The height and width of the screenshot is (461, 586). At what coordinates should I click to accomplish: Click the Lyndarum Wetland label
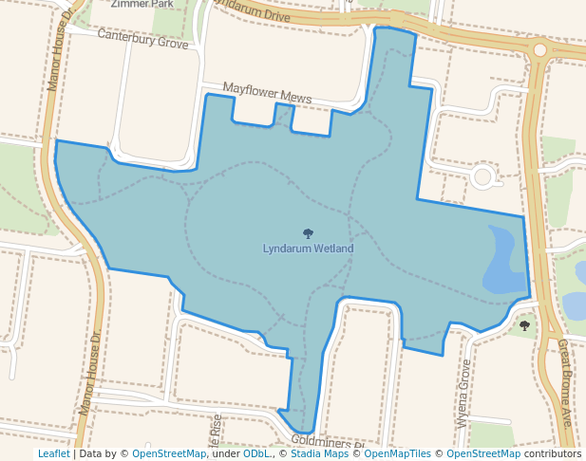pos(308,249)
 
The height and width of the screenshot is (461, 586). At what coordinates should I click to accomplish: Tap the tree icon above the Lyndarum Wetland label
pos(308,233)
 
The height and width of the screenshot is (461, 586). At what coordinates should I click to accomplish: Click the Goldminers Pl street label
pos(329,442)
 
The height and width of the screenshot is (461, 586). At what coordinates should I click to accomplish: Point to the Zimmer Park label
pos(142,4)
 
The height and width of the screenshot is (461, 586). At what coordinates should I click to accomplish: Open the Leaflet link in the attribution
pos(53,453)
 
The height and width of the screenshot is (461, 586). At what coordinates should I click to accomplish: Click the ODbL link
pos(257,453)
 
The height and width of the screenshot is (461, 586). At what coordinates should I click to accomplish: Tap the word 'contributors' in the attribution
pos(553,453)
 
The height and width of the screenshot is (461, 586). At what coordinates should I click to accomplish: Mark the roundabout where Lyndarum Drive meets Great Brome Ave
pos(539,49)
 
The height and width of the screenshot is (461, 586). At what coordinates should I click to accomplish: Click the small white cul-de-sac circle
pos(482,176)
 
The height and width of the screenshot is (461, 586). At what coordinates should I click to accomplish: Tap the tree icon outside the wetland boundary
pos(524,326)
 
